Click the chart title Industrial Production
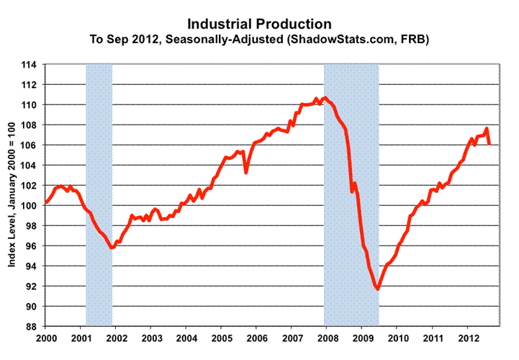[x=259, y=24]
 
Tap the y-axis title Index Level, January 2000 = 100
[x=14, y=196]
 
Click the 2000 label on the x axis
[x=46, y=338]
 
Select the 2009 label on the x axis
[x=363, y=338]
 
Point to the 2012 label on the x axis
[x=469, y=338]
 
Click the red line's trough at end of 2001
[x=112, y=248]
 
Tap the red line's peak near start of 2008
[x=325, y=98]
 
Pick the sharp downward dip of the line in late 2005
[x=246, y=172]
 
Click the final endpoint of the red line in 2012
[x=489, y=144]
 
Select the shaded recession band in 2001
[x=99, y=194]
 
